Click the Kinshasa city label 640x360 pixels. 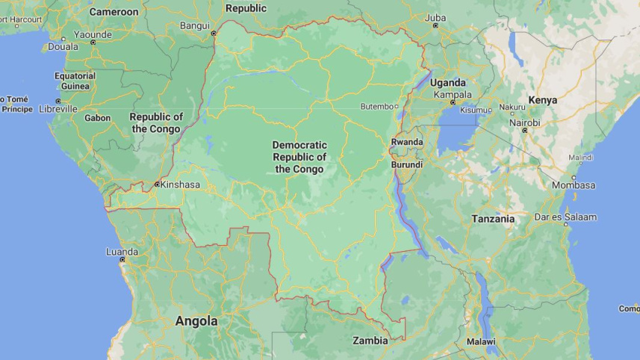tap(180, 184)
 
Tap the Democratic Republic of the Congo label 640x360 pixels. tap(299, 157)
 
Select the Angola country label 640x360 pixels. tap(196, 321)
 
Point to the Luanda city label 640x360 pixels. tap(122, 252)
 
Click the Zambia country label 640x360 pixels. tap(370, 341)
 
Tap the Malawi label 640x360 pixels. tap(481, 341)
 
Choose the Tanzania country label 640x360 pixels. tap(493, 219)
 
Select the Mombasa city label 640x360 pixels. tap(574, 185)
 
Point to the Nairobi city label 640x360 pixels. tap(521, 122)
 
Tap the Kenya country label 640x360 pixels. tap(543, 99)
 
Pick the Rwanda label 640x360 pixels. tap(407, 142)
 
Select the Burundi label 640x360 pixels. tap(407, 164)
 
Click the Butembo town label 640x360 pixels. tap(377, 106)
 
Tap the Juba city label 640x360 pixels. tap(435, 16)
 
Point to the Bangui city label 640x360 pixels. tap(194, 25)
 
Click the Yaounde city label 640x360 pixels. tap(93, 34)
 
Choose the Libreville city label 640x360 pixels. tap(58, 109)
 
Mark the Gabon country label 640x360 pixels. tap(97, 118)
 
